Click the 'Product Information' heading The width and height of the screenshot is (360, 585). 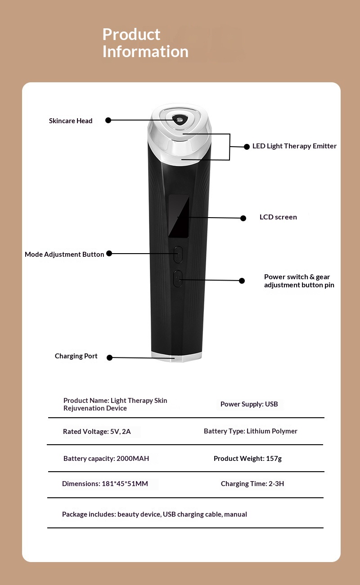pyautogui.click(x=145, y=43)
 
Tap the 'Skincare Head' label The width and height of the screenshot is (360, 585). pyautogui.click(x=71, y=121)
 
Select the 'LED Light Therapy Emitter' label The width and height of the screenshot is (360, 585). pyautogui.click(x=294, y=146)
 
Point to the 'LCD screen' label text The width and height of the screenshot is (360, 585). pyautogui.click(x=278, y=217)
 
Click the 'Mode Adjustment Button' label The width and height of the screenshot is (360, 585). pyautogui.click(x=64, y=255)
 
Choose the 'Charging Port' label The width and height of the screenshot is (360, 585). pyautogui.click(x=76, y=356)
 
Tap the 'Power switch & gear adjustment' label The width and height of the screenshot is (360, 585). pyautogui.click(x=299, y=281)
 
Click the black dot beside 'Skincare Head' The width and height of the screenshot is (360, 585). pyautogui.click(x=108, y=120)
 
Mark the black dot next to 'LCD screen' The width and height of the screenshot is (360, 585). pyautogui.click(x=243, y=218)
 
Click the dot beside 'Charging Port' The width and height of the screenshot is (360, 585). pyautogui.click(x=110, y=357)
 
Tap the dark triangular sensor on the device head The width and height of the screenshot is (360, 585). pyautogui.click(x=180, y=120)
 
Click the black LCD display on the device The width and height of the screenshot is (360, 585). pyautogui.click(x=179, y=216)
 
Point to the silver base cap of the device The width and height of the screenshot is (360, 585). pyautogui.click(x=176, y=357)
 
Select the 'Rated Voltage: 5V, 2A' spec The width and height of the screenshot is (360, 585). pyautogui.click(x=97, y=431)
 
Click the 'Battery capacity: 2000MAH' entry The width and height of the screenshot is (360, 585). pyautogui.click(x=106, y=458)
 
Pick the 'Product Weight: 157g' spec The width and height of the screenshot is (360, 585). pyautogui.click(x=247, y=458)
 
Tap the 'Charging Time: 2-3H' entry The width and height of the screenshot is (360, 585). pyautogui.click(x=252, y=484)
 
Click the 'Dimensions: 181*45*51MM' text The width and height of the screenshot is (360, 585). pyautogui.click(x=105, y=484)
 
